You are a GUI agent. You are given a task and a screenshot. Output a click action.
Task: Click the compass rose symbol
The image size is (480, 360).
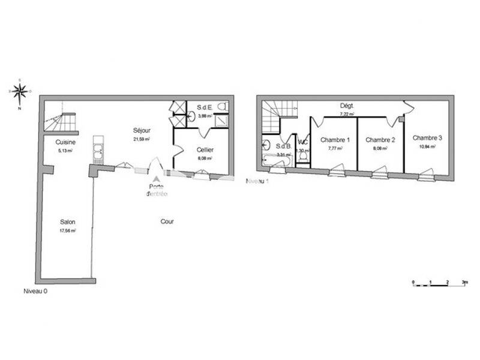[19, 92]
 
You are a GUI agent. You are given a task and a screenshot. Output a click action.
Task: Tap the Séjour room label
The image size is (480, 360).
[142, 130]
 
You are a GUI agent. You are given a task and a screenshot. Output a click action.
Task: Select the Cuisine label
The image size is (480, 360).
[65, 142]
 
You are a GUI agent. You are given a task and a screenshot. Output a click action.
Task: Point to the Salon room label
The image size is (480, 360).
[67, 221]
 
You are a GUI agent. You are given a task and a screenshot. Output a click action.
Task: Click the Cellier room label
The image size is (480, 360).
[205, 149]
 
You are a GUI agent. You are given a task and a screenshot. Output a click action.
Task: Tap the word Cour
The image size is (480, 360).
[167, 221]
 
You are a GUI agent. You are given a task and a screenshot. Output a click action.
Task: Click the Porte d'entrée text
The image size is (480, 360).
[158, 189]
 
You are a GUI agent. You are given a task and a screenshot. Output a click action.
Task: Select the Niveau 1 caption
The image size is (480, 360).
[257, 181]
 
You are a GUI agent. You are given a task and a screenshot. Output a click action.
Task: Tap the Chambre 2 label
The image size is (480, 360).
[380, 140]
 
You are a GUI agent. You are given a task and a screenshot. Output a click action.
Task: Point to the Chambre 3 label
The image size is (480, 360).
[427, 137]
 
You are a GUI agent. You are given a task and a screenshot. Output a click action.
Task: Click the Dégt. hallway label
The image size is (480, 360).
[347, 105]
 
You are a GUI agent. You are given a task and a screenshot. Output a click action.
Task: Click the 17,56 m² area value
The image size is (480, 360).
[67, 230]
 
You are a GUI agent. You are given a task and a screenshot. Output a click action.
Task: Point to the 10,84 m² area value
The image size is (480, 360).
[427, 146]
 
